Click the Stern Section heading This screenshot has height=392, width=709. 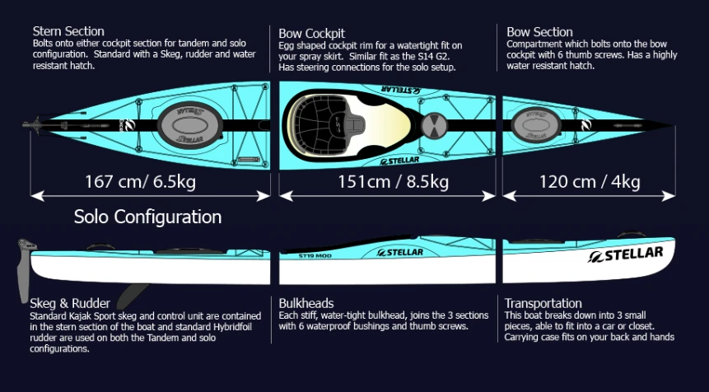pyautogui.click(x=68, y=32)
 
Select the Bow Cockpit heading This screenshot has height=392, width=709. pyautogui.click(x=312, y=33)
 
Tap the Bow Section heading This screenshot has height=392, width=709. pyautogui.click(x=541, y=32)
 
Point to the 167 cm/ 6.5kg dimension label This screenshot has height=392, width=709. pyautogui.click(x=140, y=181)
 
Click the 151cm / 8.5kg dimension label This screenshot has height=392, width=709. pyautogui.click(x=394, y=181)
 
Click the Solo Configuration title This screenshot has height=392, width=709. pyautogui.click(x=147, y=217)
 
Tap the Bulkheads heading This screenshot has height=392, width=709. pyautogui.click(x=306, y=303)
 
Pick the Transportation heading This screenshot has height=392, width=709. pyautogui.click(x=543, y=303)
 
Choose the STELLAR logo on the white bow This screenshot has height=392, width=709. pyautogui.click(x=626, y=254)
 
